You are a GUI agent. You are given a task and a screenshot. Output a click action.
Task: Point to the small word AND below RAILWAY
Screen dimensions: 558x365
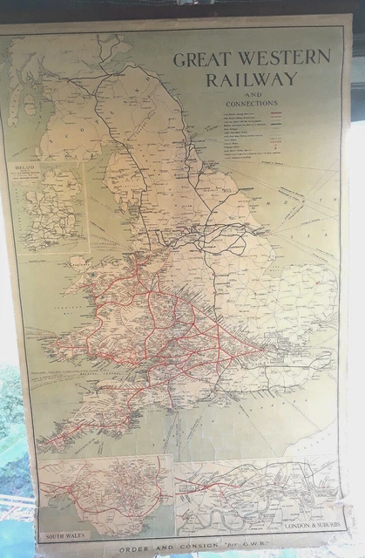[251, 93]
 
